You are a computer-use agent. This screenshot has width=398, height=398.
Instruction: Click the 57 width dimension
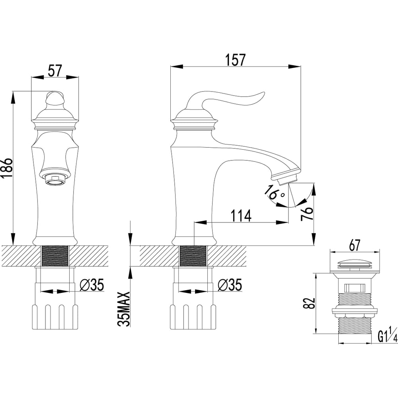pos(55,71)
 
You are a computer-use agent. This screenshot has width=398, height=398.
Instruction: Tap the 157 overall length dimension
pos(235,60)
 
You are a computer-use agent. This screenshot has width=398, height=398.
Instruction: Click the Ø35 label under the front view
pos(92,285)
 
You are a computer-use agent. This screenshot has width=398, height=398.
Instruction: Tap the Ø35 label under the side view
pos(230,285)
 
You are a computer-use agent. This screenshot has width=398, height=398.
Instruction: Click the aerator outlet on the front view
pos(55,179)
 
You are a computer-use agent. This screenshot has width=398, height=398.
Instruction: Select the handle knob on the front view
pos(55,99)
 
